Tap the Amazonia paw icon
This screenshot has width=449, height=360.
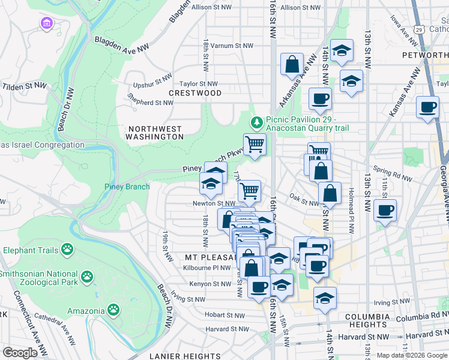pos(113,310)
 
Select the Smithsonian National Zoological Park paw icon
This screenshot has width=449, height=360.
pos(88,277)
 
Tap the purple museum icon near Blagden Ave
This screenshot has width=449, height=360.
pos(46,24)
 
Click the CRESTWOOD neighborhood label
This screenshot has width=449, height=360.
pos(195,93)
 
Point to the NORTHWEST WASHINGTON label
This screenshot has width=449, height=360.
pos(155,133)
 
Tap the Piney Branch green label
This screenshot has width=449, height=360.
pos(127,187)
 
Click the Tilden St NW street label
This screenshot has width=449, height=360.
pos(24,86)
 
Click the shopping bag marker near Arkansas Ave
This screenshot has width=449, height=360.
pos(292,65)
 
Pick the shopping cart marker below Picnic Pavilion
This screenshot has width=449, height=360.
pos(255,145)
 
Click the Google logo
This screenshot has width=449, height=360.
pos(20,353)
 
